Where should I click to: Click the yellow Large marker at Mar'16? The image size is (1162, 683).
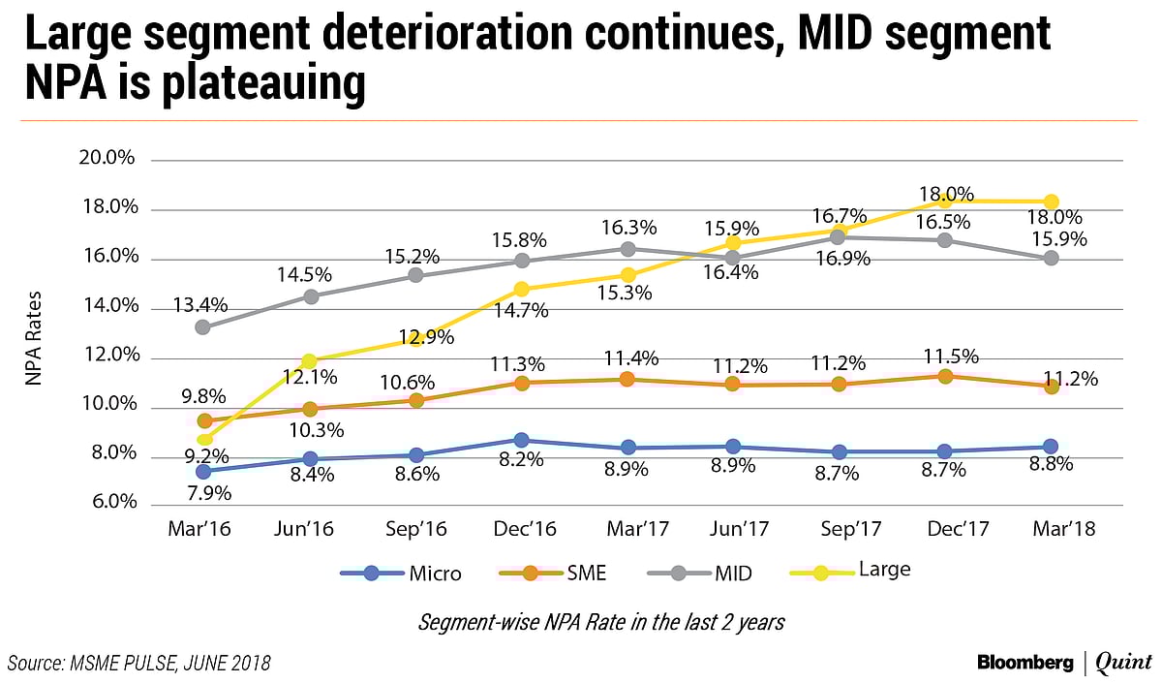click(x=203, y=440)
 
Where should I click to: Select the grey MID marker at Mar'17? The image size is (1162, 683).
click(x=627, y=249)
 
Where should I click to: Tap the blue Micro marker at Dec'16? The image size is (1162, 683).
click(x=522, y=441)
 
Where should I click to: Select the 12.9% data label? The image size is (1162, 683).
click(x=416, y=336)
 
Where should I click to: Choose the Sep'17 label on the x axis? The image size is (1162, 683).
click(x=839, y=530)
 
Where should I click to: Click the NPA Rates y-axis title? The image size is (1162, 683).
click(x=34, y=332)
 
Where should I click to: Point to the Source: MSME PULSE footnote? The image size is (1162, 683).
click(x=138, y=663)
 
